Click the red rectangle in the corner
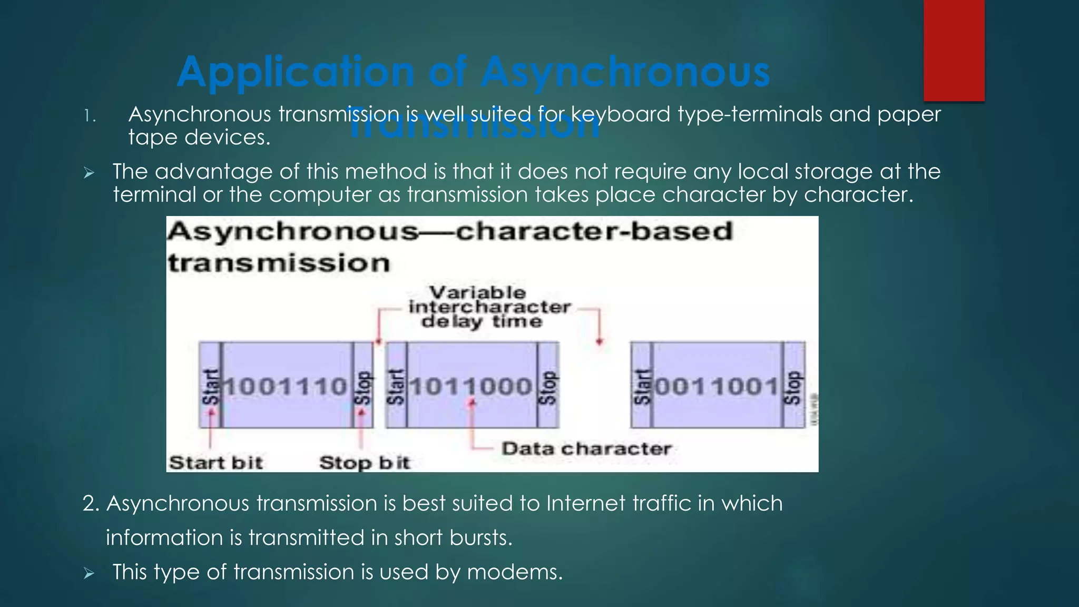click(x=954, y=50)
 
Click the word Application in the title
click(x=295, y=72)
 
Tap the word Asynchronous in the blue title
click(x=625, y=72)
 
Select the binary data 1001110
click(x=287, y=386)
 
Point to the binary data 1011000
click(x=472, y=386)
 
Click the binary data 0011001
click(x=717, y=386)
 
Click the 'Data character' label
click(x=586, y=449)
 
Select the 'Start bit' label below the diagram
click(x=215, y=463)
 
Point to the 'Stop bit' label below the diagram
click(x=365, y=463)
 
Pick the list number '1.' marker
click(x=90, y=116)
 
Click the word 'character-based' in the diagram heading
click(x=594, y=231)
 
